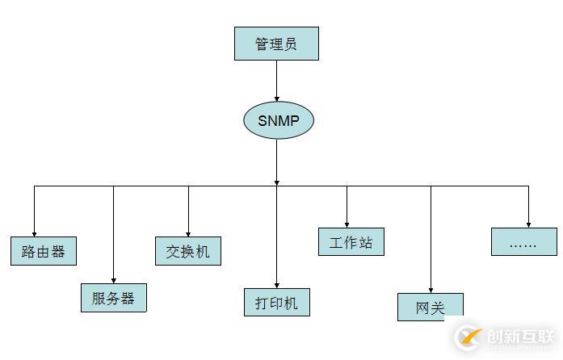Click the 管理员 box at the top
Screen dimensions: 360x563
[276, 44]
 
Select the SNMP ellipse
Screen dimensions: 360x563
[277, 120]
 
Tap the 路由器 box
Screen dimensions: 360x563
[44, 250]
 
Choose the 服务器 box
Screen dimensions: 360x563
[113, 298]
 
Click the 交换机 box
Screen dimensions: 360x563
[187, 251]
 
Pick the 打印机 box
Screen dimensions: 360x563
[276, 302]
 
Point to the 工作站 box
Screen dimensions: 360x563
[351, 242]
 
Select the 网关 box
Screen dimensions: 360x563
[430, 307]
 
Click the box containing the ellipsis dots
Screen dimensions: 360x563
[523, 242]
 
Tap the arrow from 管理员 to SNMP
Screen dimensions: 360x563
[276, 80]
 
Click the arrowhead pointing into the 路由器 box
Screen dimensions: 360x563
[34, 232]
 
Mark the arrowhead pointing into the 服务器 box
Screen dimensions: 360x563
[113, 280]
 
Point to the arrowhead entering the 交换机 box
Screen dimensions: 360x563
[188, 233]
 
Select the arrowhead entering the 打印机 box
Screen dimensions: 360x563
[276, 284]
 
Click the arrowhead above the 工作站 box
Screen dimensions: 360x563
[347, 224]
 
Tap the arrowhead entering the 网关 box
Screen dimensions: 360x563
[431, 289]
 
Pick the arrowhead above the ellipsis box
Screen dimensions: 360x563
[528, 224]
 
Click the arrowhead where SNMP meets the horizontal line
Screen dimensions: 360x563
[276, 182]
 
